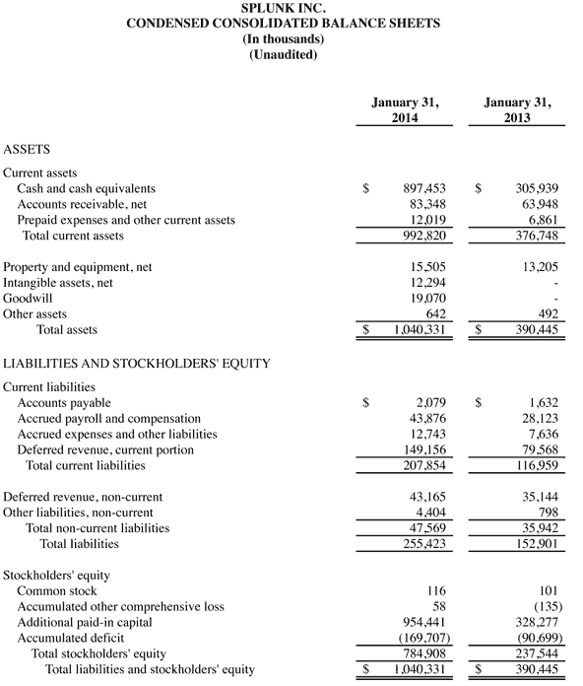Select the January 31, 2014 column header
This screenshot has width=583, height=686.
(x=405, y=108)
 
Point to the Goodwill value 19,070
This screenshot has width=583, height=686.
(x=433, y=298)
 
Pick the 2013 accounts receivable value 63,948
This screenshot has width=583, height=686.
(x=540, y=203)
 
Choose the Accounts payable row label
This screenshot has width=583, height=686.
(x=64, y=402)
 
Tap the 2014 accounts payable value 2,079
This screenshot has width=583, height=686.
(x=437, y=402)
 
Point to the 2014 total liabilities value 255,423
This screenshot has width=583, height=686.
(x=429, y=543)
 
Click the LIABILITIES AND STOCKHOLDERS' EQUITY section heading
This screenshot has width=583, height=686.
(x=137, y=363)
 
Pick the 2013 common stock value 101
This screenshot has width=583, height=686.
(x=549, y=589)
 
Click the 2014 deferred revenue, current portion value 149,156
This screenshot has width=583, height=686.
(x=429, y=449)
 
